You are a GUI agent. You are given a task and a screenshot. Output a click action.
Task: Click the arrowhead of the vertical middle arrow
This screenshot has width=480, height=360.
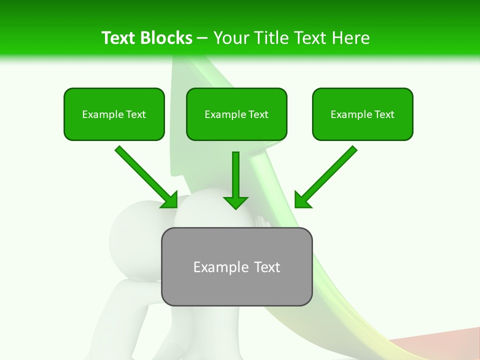235,202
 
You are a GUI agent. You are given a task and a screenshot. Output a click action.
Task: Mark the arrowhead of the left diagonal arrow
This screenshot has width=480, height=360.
170,200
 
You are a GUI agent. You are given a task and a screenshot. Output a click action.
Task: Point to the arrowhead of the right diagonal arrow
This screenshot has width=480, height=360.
302,199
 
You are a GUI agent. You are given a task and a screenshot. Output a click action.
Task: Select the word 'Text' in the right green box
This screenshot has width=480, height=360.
384,114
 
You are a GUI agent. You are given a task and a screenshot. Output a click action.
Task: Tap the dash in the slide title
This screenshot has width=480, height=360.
202,38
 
